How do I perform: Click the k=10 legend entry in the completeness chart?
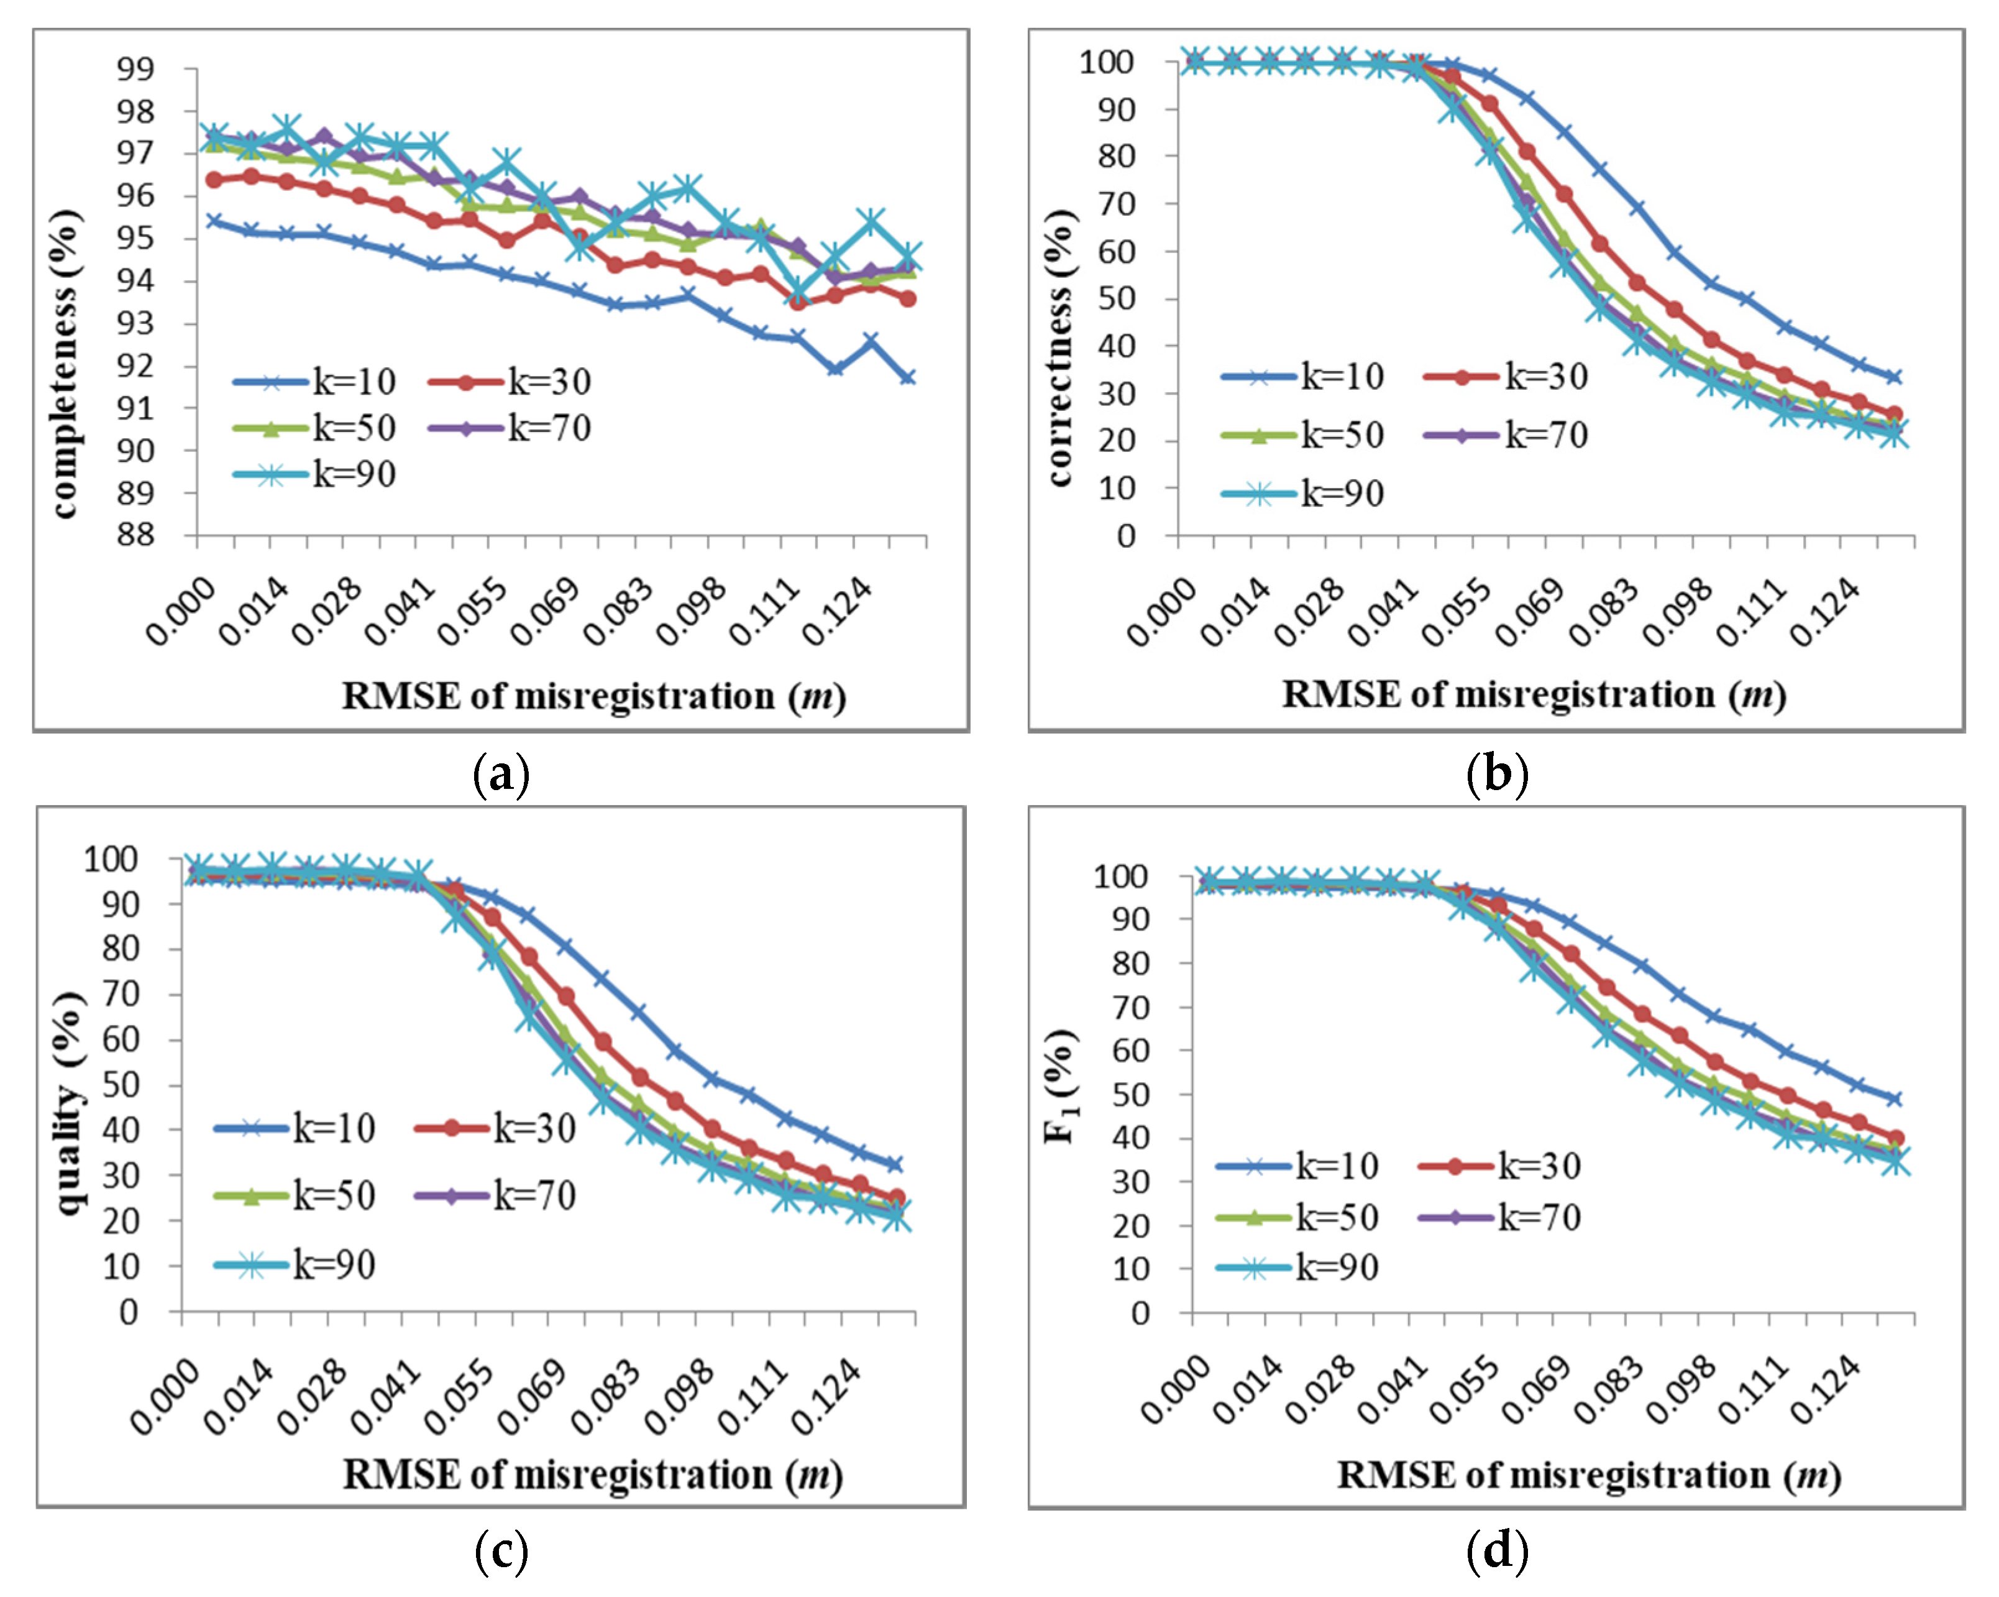coord(315,381)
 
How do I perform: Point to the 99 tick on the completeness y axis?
coord(135,68)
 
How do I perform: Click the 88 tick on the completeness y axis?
coord(135,535)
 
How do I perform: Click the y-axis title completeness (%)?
coord(65,364)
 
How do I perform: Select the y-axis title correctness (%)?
coord(1059,347)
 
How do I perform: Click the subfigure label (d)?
coord(1496,1550)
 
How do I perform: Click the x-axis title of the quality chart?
coord(593,1475)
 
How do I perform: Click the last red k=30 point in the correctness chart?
coord(1894,413)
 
